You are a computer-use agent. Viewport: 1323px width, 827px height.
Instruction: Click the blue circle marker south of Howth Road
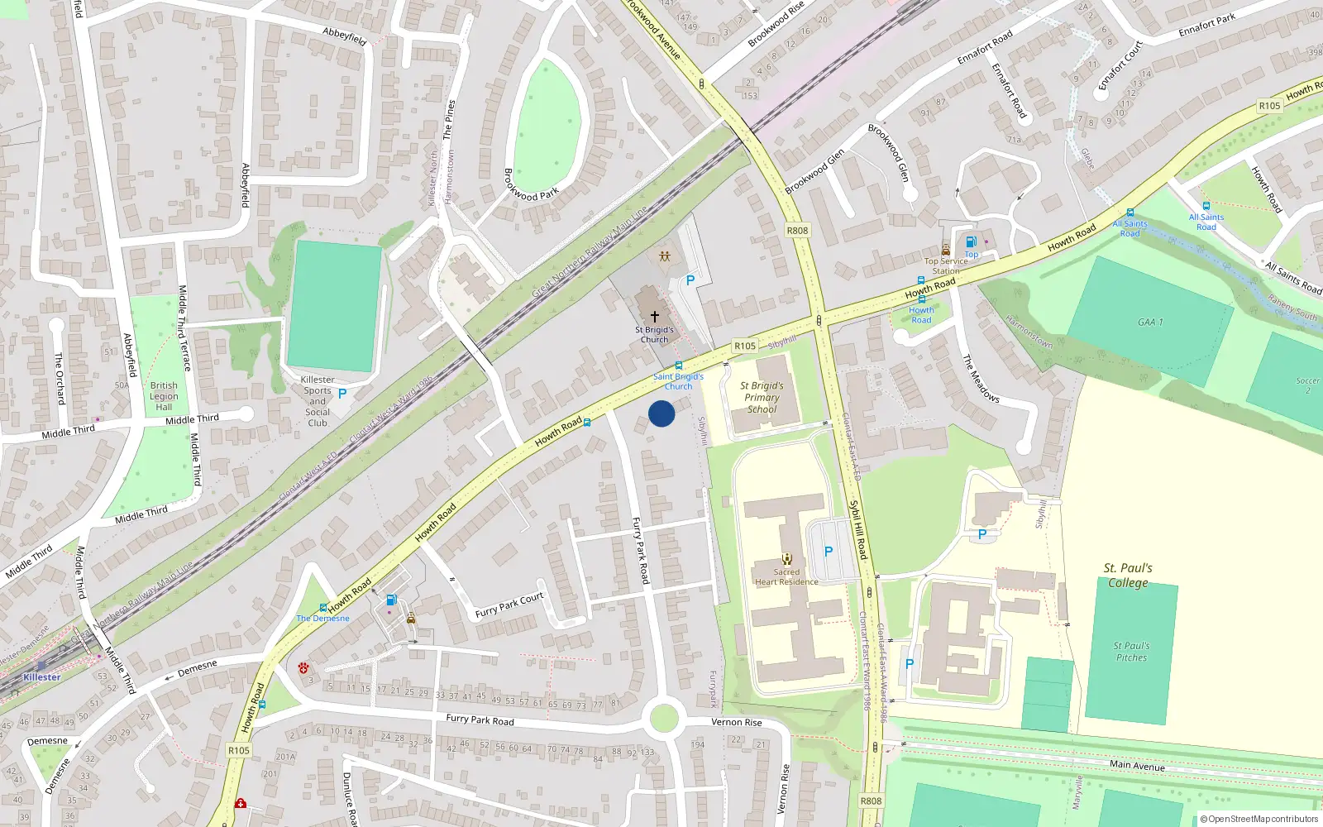(661, 413)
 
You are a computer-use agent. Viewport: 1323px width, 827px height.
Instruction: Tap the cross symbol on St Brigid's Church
(655, 317)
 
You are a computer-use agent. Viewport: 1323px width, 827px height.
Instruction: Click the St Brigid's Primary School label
(762, 398)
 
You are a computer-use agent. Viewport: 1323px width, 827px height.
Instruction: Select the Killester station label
(41, 677)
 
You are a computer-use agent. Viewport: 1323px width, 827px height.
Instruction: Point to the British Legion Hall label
(164, 396)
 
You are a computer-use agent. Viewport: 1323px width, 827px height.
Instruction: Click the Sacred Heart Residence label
(786, 577)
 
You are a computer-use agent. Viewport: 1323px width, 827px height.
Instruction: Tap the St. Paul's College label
(1128, 575)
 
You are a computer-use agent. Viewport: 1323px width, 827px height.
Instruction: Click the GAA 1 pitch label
(1149, 323)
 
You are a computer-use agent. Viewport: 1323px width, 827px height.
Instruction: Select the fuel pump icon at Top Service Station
(972, 242)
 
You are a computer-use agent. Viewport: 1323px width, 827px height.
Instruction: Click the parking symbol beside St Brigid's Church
(690, 281)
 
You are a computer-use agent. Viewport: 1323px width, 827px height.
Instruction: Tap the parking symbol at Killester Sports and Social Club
(342, 394)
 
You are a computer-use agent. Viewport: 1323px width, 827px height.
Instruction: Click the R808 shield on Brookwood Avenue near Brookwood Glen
(797, 231)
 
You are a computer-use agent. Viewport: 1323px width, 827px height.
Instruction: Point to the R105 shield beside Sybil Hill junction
(744, 347)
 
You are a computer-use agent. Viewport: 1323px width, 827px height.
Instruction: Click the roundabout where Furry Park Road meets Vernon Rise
(664, 718)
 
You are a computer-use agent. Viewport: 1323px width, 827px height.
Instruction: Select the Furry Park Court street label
(509, 605)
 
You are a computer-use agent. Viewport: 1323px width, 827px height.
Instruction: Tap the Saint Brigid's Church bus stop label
(678, 381)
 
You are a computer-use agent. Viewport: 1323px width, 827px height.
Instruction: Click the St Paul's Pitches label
(1131, 652)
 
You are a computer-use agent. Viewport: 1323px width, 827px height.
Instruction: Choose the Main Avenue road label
(1137, 766)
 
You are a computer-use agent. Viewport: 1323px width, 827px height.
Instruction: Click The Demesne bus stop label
(322, 619)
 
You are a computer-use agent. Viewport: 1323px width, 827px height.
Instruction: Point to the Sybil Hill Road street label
(859, 528)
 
